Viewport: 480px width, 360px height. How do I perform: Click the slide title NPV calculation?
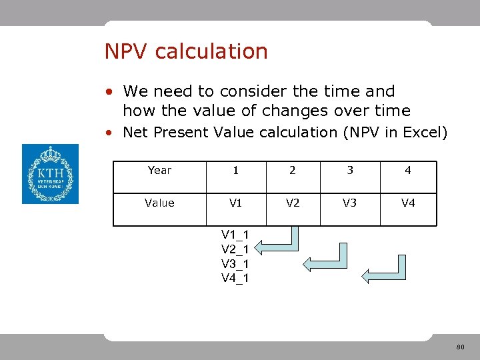(x=186, y=51)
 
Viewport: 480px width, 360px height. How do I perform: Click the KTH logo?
(x=50, y=174)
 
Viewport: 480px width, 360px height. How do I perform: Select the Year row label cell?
(x=159, y=171)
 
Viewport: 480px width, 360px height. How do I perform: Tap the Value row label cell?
(x=159, y=203)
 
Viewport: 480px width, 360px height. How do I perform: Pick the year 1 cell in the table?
(x=235, y=171)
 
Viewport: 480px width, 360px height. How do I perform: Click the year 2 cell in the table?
(x=292, y=171)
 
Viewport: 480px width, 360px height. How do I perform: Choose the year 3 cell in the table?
(x=349, y=171)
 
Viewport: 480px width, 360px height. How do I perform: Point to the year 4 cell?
(x=408, y=171)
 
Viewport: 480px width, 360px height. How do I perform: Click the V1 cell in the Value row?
(x=235, y=203)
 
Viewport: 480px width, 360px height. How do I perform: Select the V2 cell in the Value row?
(x=292, y=203)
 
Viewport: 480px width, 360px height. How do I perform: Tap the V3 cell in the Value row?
(x=349, y=203)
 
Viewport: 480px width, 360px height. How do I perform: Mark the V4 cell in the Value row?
(x=408, y=203)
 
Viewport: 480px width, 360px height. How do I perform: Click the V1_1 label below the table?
(x=235, y=234)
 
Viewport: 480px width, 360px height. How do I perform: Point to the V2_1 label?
(x=235, y=249)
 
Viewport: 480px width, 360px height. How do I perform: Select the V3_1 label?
(x=235, y=263)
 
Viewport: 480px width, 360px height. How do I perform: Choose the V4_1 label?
(x=235, y=278)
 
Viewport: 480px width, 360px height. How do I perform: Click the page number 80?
(x=460, y=347)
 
